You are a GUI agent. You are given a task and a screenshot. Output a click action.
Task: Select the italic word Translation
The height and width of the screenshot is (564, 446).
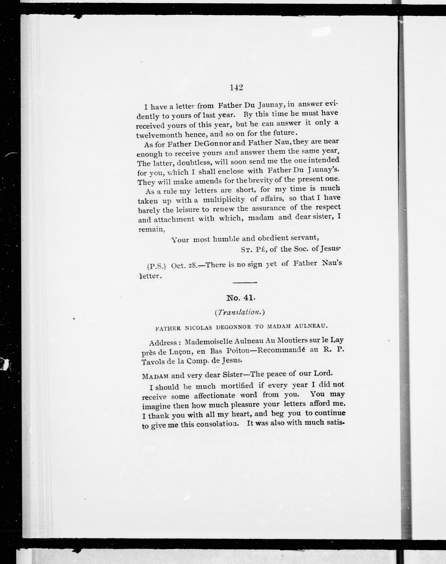point(240,312)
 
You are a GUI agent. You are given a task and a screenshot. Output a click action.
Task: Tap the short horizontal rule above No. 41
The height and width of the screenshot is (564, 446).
point(245,283)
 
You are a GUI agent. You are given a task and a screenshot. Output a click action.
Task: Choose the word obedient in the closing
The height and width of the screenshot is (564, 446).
point(273,238)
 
